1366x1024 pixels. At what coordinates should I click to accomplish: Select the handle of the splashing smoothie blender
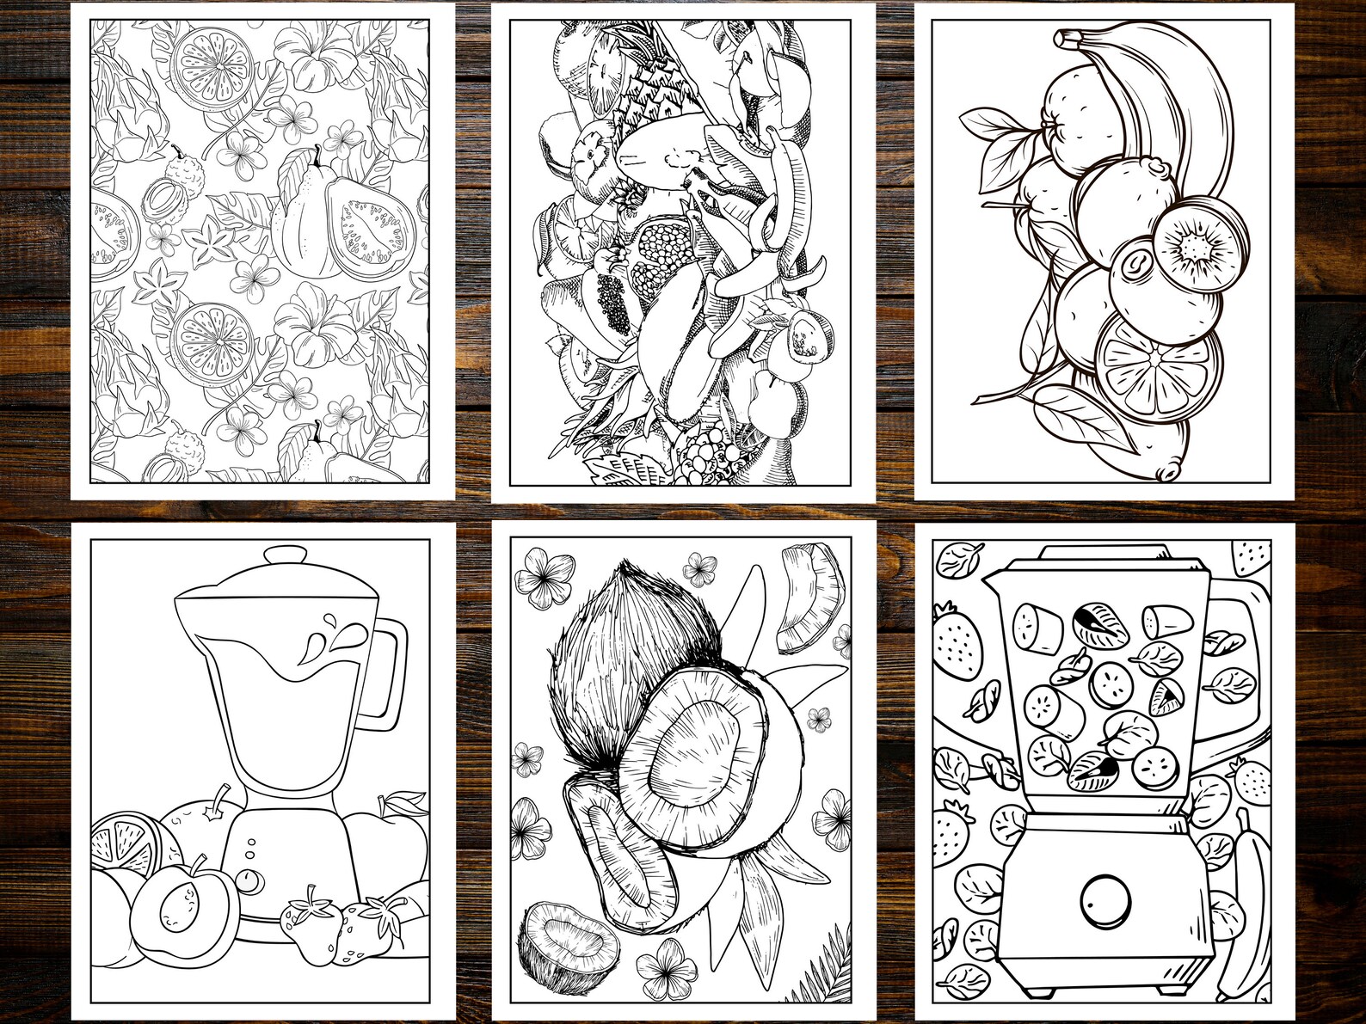coord(391,671)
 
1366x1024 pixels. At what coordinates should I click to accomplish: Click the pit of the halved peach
coord(179,904)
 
